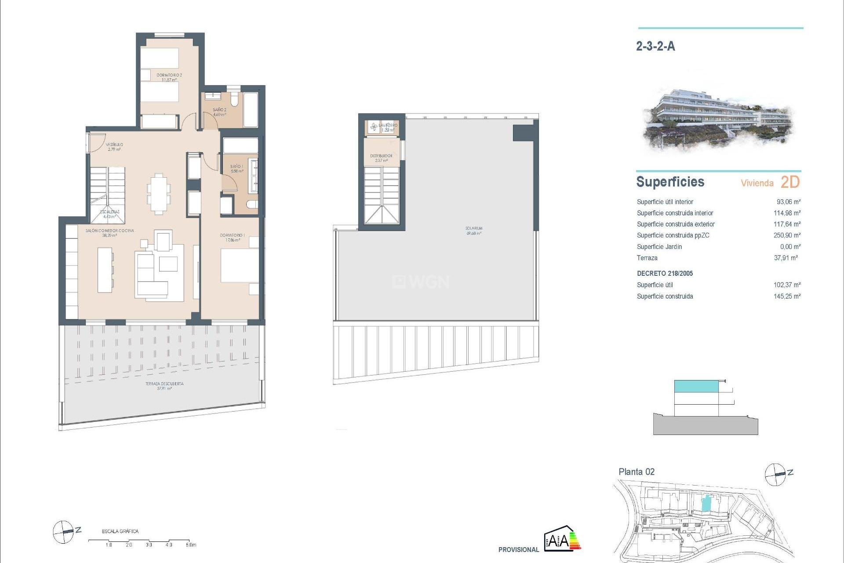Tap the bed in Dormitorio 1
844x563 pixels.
pyautogui.click(x=239, y=266)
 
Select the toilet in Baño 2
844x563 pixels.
pyautogui.click(x=234, y=100)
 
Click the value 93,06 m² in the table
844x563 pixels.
pyautogui.click(x=788, y=202)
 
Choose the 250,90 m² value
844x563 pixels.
pyautogui.click(x=787, y=235)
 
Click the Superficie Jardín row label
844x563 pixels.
pyautogui.click(x=659, y=247)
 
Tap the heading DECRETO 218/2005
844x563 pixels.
pyautogui.click(x=665, y=274)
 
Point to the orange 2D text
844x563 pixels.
pyautogui.click(x=790, y=182)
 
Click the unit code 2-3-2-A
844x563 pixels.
pyautogui.click(x=655, y=46)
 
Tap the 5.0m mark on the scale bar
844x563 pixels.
pyautogui.click(x=190, y=545)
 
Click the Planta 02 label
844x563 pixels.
pyautogui.click(x=637, y=472)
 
